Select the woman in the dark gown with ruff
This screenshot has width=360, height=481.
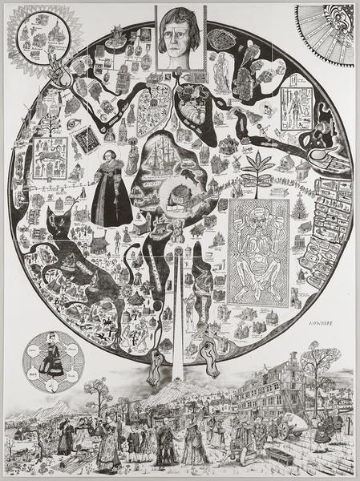click(111, 195)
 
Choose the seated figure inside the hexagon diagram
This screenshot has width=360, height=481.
click(55, 358)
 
